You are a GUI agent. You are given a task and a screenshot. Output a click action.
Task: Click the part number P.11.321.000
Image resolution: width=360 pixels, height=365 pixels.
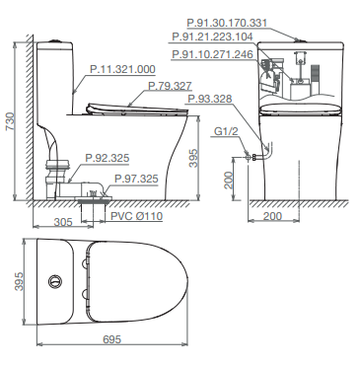[122, 69]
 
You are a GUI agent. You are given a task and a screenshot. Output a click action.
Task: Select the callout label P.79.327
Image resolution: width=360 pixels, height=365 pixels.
[170, 86]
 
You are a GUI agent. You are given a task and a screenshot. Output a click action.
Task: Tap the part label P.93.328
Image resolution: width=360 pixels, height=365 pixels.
[210, 99]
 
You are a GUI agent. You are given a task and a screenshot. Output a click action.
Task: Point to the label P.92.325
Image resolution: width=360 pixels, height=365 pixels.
[108, 158]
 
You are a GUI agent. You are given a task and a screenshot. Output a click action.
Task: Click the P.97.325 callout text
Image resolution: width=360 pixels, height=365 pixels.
[136, 179]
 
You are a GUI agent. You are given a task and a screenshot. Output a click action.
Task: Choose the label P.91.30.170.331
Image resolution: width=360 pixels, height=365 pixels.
[227, 23]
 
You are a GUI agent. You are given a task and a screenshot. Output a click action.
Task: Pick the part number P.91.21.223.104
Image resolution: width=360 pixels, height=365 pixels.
[212, 36]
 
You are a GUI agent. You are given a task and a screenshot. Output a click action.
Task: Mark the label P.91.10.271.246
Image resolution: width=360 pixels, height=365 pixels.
[212, 54]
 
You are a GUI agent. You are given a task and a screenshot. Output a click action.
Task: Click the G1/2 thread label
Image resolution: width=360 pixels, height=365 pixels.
[226, 131]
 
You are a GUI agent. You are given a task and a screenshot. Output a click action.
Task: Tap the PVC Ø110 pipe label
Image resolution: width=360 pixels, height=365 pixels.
[136, 216]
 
